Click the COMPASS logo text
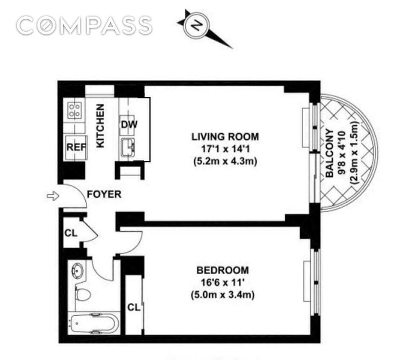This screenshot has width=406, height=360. pyautogui.click(x=84, y=26)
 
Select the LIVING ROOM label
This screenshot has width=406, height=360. pyautogui.click(x=225, y=137)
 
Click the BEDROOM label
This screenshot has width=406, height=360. pyautogui.click(x=222, y=270)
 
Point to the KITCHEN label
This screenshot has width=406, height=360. pyautogui.click(x=100, y=127)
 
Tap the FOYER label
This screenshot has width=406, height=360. pyautogui.click(x=104, y=195)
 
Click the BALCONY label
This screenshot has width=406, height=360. pyautogui.click(x=330, y=154)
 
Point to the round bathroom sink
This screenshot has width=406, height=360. pyautogui.click(x=79, y=270)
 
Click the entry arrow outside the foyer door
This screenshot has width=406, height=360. pyautogui.click(x=53, y=196)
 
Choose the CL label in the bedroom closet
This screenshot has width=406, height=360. pyautogui.click(x=134, y=307)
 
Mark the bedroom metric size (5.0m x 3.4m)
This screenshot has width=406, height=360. pyautogui.click(x=222, y=294)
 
